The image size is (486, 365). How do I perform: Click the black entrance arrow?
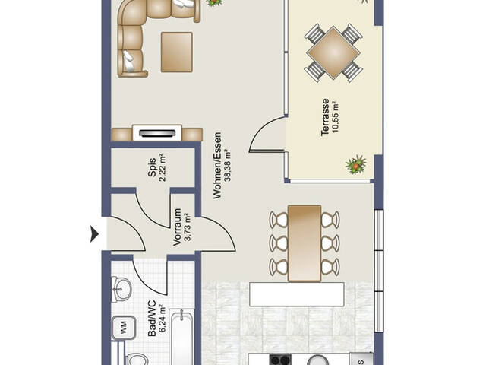tap(94, 233)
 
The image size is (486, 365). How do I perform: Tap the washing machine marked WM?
tap(124, 328)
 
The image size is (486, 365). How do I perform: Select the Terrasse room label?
tap(325, 117)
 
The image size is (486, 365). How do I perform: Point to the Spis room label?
tap(152, 167)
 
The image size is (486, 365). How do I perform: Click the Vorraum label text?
tap(177, 227)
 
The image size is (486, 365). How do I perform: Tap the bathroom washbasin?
tap(121, 290)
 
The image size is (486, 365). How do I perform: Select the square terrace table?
tap(333, 52)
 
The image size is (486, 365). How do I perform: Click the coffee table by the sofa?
tap(177, 52)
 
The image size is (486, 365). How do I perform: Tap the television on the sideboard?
tap(157, 133)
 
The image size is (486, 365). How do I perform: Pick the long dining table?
tap(305, 243)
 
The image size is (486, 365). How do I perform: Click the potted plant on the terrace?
tap(356, 164)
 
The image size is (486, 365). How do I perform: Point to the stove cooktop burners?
tap(280, 360)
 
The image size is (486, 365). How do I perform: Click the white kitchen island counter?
tap(297, 294)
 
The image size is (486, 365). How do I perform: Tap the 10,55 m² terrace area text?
tap(336, 117)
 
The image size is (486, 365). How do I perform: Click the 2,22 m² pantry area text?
tap(163, 167)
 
